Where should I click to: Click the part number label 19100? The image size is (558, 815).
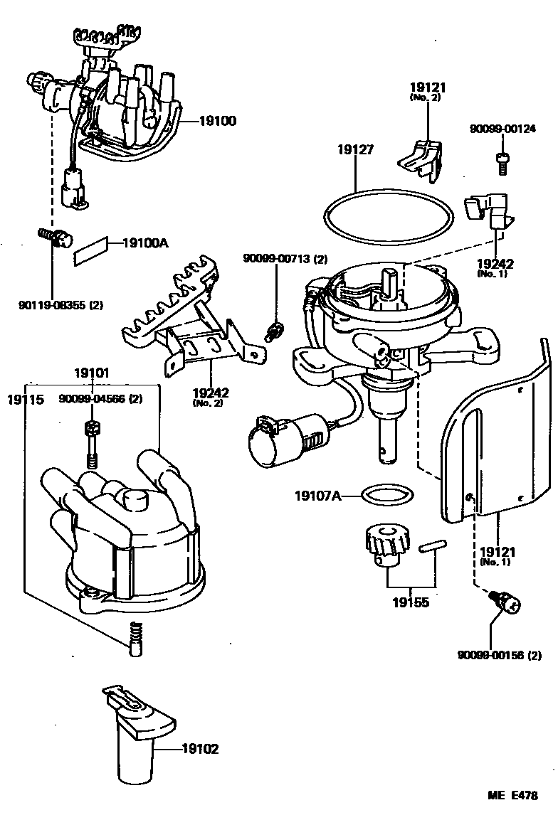tap(217, 122)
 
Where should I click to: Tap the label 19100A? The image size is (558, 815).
tap(145, 243)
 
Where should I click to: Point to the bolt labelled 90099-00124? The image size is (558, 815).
tap(502, 164)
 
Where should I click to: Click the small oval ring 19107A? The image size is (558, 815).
tap(381, 493)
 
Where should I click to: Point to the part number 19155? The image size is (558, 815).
tap(410, 602)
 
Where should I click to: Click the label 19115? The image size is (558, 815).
tap(26, 400)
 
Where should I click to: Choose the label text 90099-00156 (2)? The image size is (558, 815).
tap(500, 655)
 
